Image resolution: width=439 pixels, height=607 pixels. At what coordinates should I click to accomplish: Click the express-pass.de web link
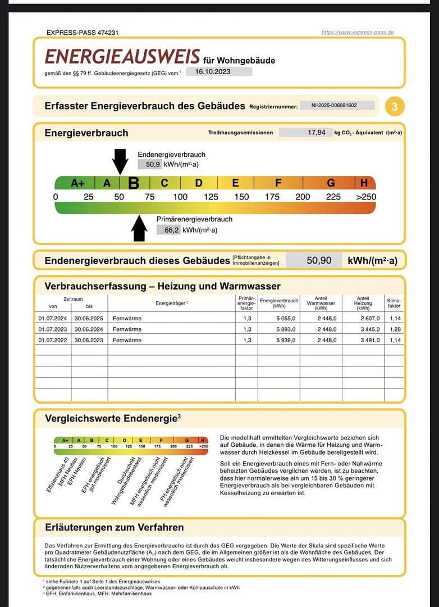click(x=358, y=32)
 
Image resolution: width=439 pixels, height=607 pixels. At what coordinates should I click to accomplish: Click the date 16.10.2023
click(x=213, y=71)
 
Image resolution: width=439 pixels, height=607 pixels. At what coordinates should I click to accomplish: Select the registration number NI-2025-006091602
click(x=337, y=105)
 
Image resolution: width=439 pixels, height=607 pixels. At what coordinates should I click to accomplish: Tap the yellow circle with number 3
click(x=395, y=106)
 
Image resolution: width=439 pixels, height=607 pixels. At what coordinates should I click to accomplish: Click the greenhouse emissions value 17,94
click(x=317, y=133)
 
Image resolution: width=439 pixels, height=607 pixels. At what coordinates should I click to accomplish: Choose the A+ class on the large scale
click(x=77, y=183)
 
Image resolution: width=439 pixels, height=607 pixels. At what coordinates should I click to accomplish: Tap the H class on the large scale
click(x=364, y=183)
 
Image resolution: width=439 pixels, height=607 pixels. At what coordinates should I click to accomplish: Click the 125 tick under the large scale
click(x=211, y=197)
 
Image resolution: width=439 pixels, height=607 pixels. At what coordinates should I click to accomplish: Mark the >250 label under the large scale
click(x=366, y=197)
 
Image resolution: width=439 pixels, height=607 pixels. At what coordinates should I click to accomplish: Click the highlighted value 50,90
click(x=319, y=260)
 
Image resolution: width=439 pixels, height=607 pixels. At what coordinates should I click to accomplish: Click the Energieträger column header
click(x=171, y=303)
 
